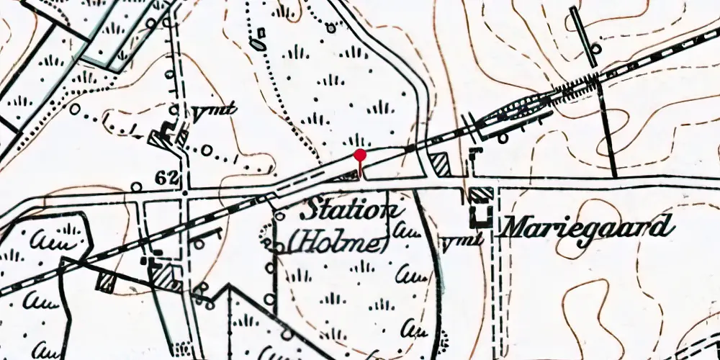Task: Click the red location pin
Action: [360, 156]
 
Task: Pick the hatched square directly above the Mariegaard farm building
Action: [481, 194]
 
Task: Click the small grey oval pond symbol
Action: [256, 45]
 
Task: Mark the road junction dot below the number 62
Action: [185, 193]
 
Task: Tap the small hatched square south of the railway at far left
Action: [107, 282]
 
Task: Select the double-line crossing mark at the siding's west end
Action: [470, 123]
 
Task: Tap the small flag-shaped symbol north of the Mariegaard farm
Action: [475, 150]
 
